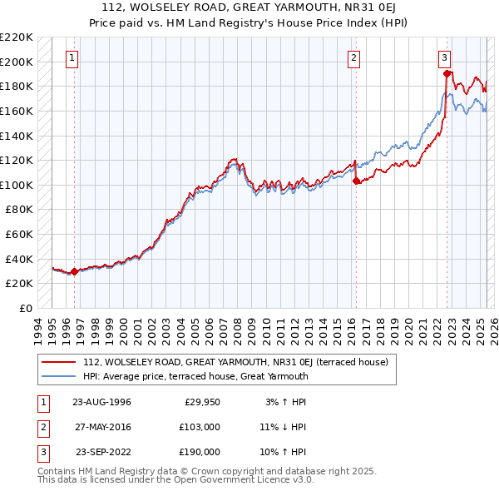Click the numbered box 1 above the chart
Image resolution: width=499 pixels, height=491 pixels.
coord(73,58)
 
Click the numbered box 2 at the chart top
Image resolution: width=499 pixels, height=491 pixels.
coord(354,58)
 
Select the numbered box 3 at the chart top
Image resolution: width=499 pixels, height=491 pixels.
coord(445,58)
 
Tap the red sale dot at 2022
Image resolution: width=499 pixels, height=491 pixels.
coord(447,74)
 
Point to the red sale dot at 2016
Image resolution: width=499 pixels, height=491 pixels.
coord(356,181)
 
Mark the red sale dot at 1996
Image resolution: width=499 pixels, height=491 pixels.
coord(74,271)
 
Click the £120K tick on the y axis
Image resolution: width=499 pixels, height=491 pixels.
coord(17,160)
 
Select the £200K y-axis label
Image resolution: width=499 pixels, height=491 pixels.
coord(17,62)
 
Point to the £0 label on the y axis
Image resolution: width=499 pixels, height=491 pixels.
coord(25,308)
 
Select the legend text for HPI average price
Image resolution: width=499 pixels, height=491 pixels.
coord(195,376)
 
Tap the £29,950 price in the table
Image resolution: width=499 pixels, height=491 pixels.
coord(200,402)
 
